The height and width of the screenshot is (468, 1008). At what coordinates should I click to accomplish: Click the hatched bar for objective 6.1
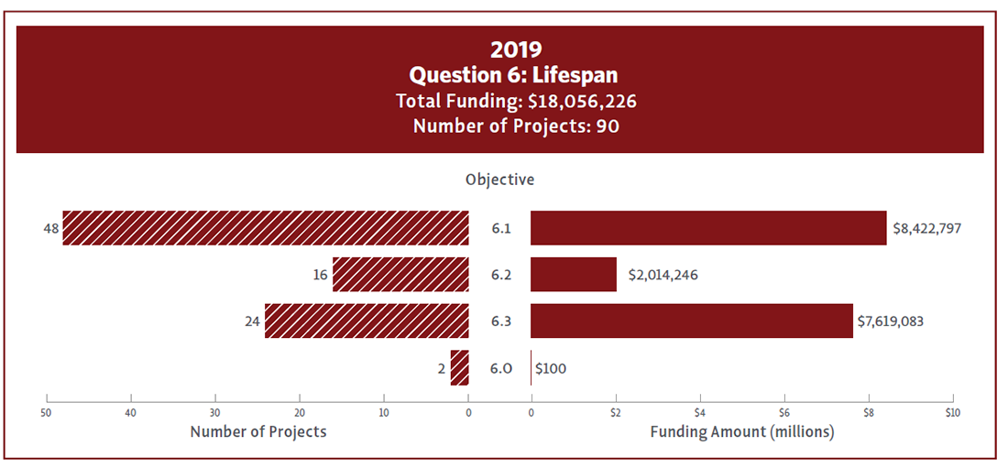(x=266, y=228)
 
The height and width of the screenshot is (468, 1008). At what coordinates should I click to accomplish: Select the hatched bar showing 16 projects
(x=400, y=275)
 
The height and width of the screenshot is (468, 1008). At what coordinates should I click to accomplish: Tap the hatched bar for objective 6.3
(x=367, y=321)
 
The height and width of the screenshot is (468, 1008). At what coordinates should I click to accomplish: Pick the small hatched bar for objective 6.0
(x=460, y=368)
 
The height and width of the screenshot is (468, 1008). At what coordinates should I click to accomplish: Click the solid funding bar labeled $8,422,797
(x=708, y=228)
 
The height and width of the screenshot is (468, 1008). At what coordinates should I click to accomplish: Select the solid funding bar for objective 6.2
(x=574, y=275)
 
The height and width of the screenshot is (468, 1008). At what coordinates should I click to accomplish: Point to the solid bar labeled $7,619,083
(x=692, y=321)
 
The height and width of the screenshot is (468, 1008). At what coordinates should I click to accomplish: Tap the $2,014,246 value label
(x=663, y=275)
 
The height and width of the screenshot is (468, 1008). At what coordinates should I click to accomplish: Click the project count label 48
(x=50, y=228)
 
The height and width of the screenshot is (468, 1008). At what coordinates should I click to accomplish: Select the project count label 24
(x=253, y=321)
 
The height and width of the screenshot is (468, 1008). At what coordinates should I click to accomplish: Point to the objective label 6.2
(x=500, y=275)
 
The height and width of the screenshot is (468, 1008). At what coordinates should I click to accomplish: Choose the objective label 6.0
(x=500, y=368)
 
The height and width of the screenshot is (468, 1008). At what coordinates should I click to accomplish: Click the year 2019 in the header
(x=516, y=49)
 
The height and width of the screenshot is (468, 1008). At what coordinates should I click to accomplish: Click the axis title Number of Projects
(x=257, y=431)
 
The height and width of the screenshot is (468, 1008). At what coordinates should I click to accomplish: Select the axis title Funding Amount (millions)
(x=741, y=431)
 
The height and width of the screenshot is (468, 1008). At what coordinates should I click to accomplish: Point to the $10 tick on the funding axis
(x=952, y=412)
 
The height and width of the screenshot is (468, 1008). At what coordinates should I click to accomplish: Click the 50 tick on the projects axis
(x=46, y=412)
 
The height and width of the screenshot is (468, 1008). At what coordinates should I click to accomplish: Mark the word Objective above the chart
(x=499, y=180)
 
